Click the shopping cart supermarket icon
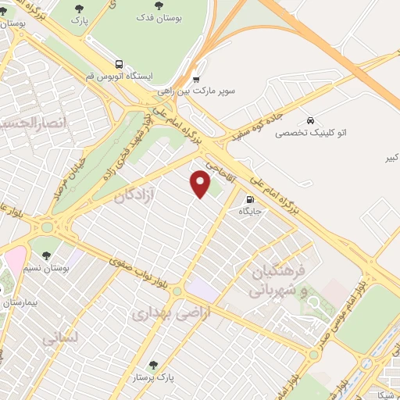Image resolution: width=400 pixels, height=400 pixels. point(196,79)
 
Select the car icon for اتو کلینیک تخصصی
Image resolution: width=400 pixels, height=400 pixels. point(311,121)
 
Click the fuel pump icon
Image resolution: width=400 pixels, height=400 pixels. point(248,198)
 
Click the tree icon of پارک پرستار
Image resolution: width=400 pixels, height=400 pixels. point(154,365)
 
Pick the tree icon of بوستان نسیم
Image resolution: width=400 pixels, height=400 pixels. point(47,255)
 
